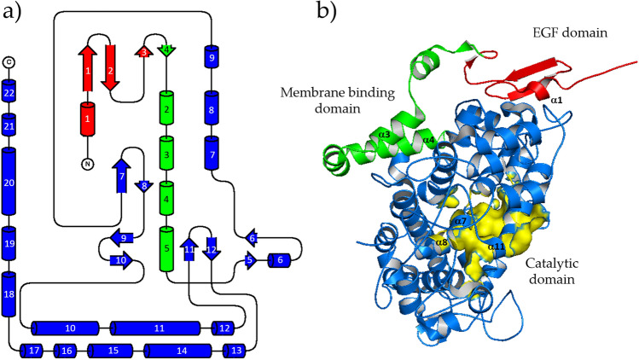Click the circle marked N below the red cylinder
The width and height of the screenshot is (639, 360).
86,164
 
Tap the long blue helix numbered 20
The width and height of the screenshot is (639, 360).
9,182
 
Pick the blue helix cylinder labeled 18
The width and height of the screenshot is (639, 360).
9,294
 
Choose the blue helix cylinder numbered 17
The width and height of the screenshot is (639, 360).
35,351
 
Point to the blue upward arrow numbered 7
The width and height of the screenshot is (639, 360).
122,177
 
